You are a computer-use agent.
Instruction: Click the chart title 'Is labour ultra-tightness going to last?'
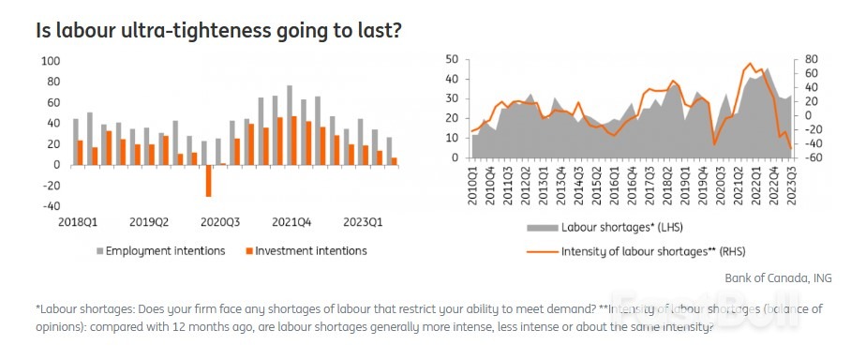tap(218, 30)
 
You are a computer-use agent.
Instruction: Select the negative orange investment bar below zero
tap(208, 180)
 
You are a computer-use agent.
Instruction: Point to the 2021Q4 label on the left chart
tap(291, 223)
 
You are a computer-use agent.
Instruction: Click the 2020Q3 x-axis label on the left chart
tap(220, 223)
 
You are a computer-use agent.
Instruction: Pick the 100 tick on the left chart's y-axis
tap(51, 61)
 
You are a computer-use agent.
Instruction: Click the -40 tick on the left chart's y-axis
tap(51, 206)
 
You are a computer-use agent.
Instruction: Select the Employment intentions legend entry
tap(165, 250)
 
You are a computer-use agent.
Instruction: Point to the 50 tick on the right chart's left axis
tap(451, 59)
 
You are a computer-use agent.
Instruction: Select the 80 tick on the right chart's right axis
tap(812, 59)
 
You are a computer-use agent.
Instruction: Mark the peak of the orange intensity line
tap(749, 64)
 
